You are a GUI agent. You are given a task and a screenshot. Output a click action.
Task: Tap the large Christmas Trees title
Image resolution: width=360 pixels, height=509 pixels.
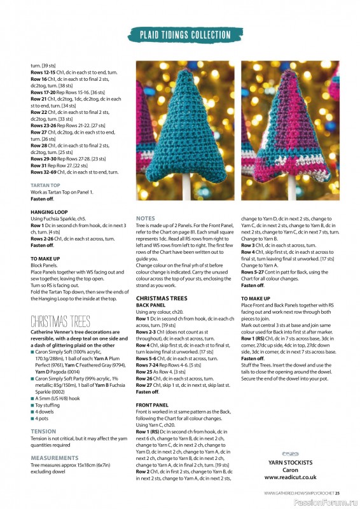click(60, 321)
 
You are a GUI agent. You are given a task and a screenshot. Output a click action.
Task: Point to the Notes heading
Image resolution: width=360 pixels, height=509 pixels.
click(146, 218)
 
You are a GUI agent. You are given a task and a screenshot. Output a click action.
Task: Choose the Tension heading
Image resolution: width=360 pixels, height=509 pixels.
click(43, 431)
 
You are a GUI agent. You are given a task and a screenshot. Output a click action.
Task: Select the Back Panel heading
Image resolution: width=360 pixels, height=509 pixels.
click(151, 305)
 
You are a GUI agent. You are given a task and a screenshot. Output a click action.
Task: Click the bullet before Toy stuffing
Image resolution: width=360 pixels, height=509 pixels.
click(32, 405)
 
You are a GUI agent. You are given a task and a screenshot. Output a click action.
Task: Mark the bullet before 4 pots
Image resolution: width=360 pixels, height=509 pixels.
click(32, 419)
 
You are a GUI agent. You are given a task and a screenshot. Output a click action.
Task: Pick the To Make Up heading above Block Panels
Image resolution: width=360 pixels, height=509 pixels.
click(45, 258)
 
